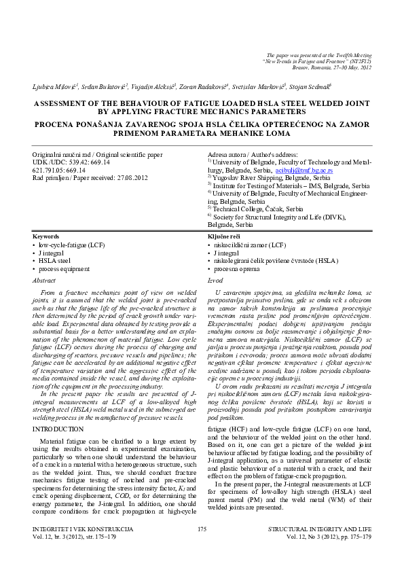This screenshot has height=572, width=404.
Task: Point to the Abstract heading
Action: tap(44, 279)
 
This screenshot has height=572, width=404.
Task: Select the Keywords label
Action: tap(46, 236)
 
